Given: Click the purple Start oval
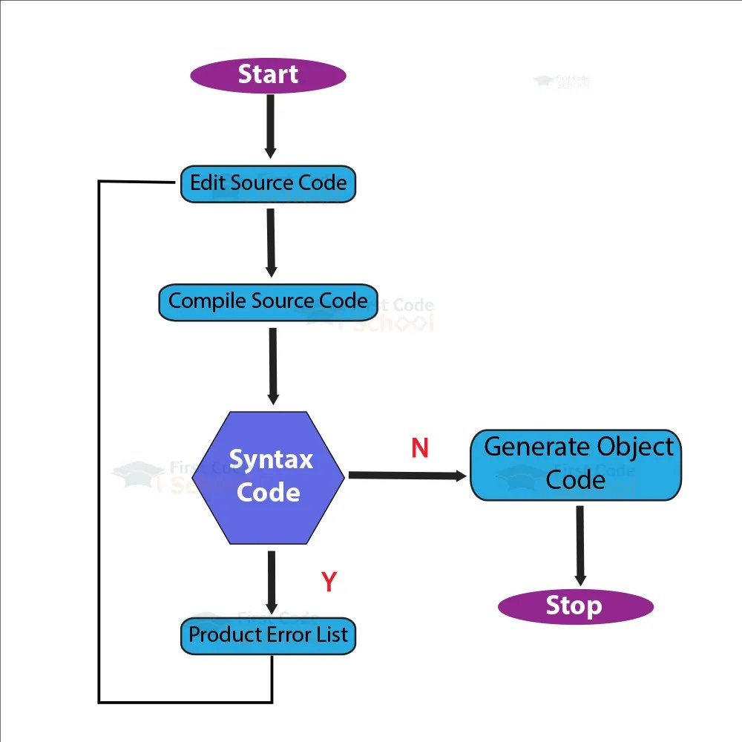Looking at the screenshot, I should pos(268,75).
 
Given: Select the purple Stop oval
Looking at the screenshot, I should pos(575,606).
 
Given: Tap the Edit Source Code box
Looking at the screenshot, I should pos(268,183).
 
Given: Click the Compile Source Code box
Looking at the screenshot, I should pos(268,301).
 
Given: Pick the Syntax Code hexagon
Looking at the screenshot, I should pos(269,477).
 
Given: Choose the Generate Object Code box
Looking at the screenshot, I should pos(576,464).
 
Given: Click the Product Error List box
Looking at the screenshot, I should pos(268,635).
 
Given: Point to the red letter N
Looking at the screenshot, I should pos(420,448).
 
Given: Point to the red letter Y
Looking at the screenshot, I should pos(329,582).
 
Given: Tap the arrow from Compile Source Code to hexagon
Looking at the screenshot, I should pos(273,365).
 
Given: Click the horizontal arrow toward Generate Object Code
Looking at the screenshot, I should pos(407,476).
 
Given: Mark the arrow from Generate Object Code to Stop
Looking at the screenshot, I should pos(580,545).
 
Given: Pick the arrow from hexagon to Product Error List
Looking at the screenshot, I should pos(272,582).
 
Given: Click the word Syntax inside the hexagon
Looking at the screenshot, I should pos(271,459).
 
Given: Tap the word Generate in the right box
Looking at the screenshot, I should pos(525,447).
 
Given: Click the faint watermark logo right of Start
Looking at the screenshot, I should pos(562,82).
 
